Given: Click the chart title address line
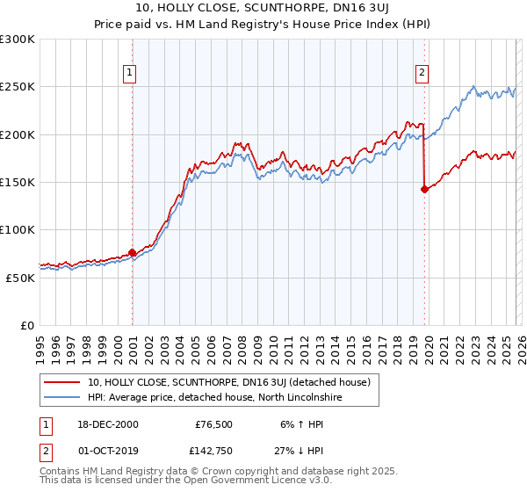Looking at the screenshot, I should coord(263,10).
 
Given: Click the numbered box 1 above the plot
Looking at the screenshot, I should coord(130,73).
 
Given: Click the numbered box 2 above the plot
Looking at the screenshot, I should coord(422,73).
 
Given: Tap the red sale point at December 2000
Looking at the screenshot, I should coord(132,252).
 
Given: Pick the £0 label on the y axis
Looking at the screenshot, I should coord(28,325).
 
